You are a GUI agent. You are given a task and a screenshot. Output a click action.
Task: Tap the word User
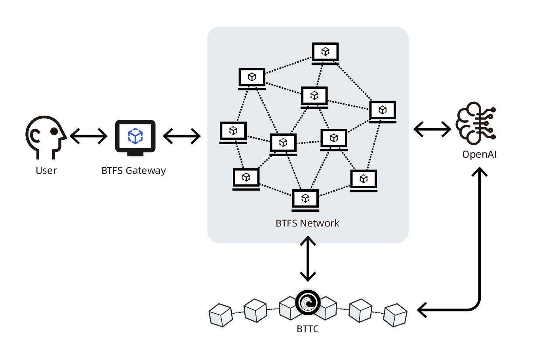pos(46,171)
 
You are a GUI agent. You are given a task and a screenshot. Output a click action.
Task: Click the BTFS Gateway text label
pos(133,171)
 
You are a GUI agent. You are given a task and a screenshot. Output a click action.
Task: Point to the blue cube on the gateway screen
pos(135,136)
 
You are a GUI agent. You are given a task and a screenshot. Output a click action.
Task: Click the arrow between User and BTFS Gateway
pos(89,137)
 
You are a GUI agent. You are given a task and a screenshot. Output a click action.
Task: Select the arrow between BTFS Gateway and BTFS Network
pos(182,136)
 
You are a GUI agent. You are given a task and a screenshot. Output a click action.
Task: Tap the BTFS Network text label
pos(307,223)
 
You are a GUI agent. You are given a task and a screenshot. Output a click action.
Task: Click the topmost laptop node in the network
pos(325,53)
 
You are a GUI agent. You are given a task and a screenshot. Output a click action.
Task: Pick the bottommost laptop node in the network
pos(305,200)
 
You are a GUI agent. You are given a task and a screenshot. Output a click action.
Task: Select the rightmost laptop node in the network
pos(383,111)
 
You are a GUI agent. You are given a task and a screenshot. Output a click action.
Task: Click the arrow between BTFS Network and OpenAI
pos(432,129)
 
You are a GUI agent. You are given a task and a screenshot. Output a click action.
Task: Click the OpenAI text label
pos(479,154)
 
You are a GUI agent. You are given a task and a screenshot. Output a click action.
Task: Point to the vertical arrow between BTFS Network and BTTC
pos(308,259)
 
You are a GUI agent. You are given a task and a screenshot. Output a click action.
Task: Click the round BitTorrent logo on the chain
pos(308,302)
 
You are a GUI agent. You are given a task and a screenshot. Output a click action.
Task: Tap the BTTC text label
pos(307,329)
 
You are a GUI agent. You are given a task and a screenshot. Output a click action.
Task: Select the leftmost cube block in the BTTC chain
pos(221,315)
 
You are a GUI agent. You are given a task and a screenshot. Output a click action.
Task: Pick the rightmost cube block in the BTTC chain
pos(396,315)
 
